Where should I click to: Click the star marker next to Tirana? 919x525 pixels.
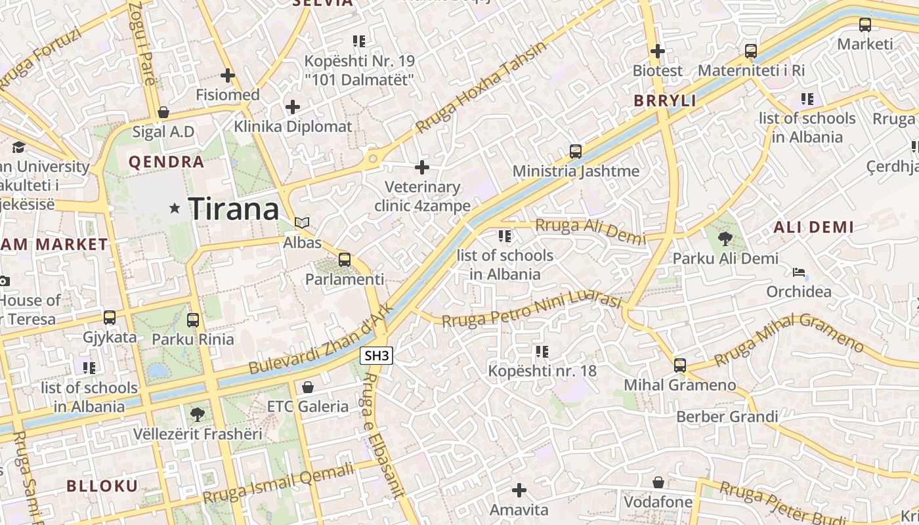(175, 209)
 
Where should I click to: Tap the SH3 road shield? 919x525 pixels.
(377, 356)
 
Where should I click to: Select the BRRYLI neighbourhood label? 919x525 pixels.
(665, 101)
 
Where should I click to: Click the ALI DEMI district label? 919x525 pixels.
(814, 228)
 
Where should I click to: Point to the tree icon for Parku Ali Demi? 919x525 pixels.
(725, 239)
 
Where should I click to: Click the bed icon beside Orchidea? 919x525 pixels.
(799, 272)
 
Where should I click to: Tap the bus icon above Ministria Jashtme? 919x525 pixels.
(576, 152)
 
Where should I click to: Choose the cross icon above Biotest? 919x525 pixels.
(658, 51)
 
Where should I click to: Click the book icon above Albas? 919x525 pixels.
(302, 223)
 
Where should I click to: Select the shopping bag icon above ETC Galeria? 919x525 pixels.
(307, 387)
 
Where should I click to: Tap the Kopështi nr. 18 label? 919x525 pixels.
(542, 371)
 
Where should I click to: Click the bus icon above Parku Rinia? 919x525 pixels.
(193, 320)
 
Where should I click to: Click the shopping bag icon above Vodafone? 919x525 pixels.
(658, 483)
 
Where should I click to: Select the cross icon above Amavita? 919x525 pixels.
(519, 490)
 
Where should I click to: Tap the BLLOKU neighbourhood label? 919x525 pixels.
(102, 486)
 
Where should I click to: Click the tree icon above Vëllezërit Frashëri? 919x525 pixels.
(197, 414)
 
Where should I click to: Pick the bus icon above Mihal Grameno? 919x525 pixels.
(680, 365)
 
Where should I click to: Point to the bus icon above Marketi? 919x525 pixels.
(865, 25)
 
